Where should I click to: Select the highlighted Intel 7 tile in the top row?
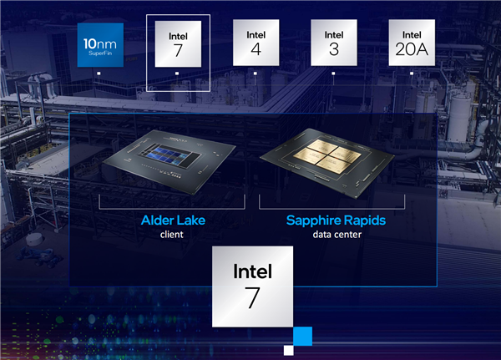click(x=177, y=43)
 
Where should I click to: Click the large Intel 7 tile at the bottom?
click(x=252, y=286)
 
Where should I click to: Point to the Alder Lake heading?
click(x=172, y=221)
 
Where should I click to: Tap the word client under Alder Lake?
click(x=172, y=235)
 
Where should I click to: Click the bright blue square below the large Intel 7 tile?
click(x=302, y=337)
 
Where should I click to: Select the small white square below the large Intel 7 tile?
click(x=289, y=349)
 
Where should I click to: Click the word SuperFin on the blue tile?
click(x=99, y=51)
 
